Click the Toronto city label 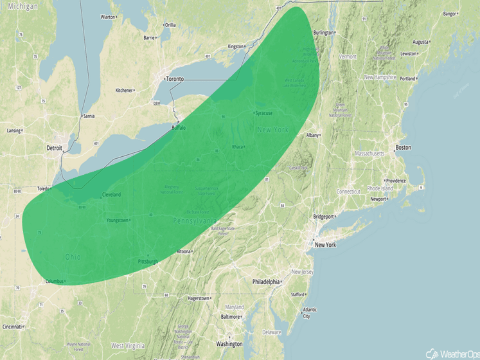[175, 78]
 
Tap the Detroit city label [54, 148]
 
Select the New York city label [325, 245]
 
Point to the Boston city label [403, 148]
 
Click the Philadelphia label [266, 282]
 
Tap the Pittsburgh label [148, 262]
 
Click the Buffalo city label [179, 128]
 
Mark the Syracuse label [263, 113]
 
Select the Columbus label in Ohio [55, 282]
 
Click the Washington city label [229, 344]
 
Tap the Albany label [313, 135]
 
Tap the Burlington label [324, 33]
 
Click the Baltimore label [230, 317]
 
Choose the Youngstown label [118, 221]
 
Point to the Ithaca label [238, 147]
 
